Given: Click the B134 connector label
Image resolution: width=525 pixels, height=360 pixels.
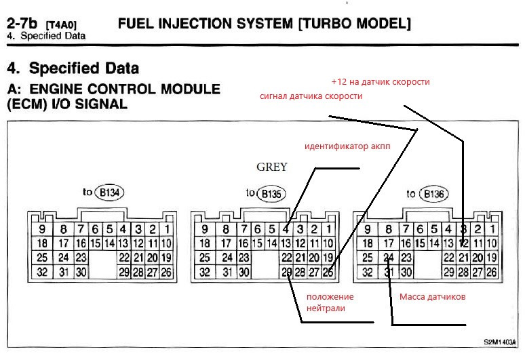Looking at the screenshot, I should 109,194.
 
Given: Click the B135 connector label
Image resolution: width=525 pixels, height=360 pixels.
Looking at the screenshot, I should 272,195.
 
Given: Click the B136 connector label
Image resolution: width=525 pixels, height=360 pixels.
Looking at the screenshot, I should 435,195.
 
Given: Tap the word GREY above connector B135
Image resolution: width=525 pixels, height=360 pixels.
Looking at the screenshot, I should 271,167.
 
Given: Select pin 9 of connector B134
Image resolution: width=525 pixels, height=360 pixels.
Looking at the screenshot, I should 41,229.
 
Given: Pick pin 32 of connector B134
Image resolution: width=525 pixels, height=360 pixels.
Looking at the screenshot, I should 41,272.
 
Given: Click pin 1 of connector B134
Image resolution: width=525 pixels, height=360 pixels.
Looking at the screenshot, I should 166,229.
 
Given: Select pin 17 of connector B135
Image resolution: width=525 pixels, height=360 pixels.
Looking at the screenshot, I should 226,243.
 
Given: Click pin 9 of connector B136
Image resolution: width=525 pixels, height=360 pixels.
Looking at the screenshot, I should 367,229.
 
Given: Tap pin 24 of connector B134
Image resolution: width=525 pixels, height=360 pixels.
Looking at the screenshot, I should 63,258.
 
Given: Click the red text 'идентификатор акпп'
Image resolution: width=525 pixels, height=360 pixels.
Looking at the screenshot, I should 348,146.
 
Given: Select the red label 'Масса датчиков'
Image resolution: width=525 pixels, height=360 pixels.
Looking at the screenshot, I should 431,296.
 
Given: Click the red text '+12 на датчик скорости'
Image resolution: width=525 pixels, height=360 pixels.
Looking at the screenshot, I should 381,82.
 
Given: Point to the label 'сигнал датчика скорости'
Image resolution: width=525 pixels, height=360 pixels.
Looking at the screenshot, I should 311,96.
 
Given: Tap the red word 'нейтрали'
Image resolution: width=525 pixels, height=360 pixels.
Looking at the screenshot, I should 326,308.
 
